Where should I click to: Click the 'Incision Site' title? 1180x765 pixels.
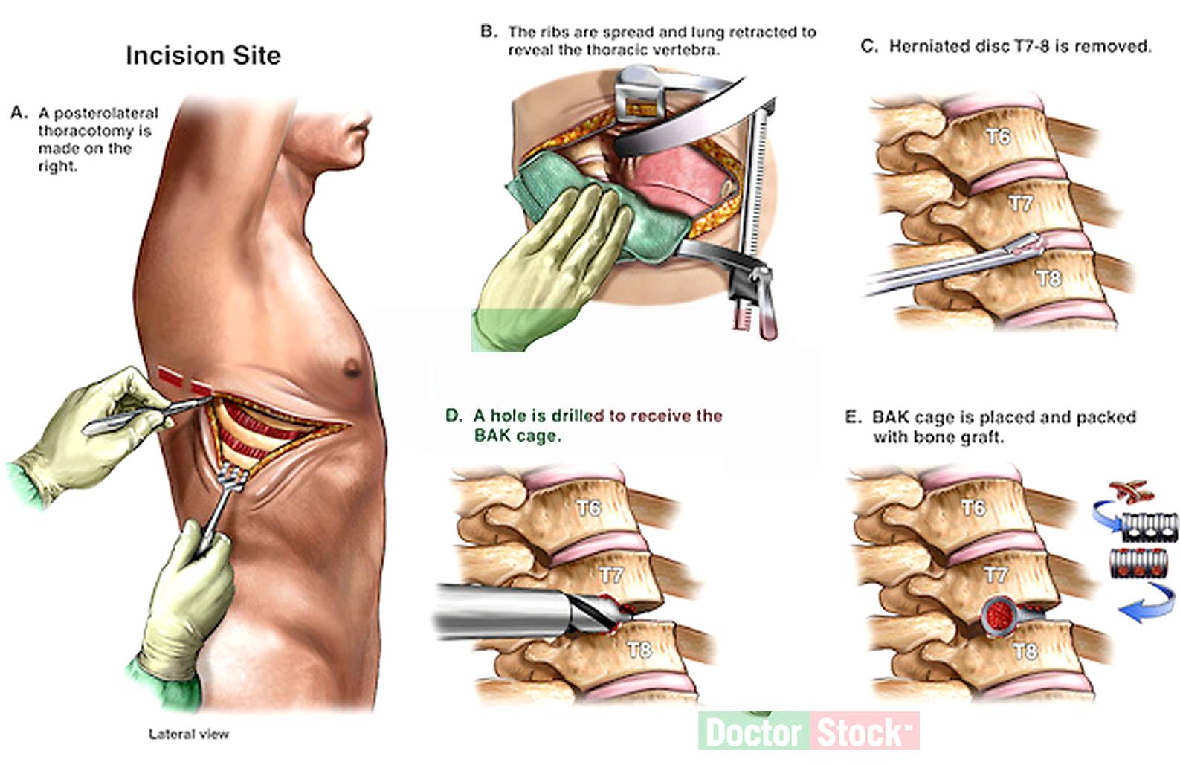[203, 55]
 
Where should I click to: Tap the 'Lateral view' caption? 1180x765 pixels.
[189, 734]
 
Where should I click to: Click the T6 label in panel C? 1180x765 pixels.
[998, 137]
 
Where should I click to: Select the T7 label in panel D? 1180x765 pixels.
[612, 575]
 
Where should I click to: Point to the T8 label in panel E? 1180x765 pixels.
[1025, 652]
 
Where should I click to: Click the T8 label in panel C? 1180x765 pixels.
[1048, 278]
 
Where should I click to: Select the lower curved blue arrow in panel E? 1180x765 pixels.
[1148, 602]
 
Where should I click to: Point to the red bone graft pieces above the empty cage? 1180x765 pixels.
[1131, 491]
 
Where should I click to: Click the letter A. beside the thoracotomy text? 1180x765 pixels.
[19, 113]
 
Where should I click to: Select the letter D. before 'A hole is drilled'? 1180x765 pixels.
[454, 416]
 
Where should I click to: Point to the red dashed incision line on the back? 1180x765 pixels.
[184, 383]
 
